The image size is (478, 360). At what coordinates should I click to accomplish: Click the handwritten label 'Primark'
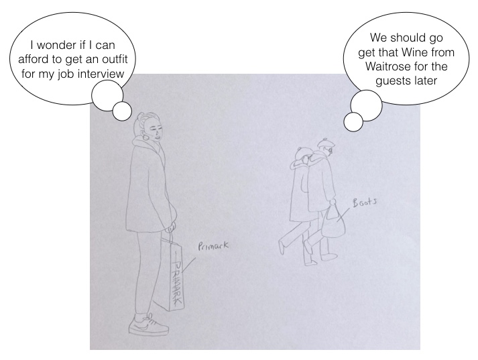[213, 245]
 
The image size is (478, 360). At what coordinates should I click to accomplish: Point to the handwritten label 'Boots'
[365, 202]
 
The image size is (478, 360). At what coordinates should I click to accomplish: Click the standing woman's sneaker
[148, 325]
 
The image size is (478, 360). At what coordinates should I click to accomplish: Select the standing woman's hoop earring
[145, 136]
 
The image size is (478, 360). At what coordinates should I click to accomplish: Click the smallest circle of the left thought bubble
[122, 111]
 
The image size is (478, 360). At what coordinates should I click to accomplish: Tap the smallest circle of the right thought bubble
[353, 122]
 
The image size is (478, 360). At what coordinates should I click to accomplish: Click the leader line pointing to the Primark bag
[188, 264]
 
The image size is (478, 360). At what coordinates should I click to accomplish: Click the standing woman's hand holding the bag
[172, 227]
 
